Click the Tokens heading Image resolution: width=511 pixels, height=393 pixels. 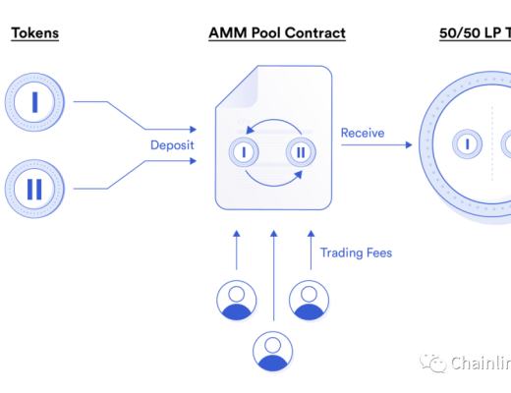point(34,32)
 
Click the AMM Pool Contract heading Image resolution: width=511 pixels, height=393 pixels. point(276,32)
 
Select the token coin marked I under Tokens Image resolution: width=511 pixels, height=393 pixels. point(34,100)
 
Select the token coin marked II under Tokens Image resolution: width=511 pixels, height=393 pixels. point(34,188)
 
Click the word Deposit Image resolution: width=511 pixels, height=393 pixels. point(172,145)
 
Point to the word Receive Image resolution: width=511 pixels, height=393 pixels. point(363,133)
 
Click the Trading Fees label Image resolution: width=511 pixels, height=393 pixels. point(356,253)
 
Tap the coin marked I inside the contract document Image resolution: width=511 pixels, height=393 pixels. point(242,152)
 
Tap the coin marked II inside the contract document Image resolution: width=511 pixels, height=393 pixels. point(301,152)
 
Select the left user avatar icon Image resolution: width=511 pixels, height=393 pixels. point(237,300)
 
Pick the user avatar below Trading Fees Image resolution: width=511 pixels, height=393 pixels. point(310,300)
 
